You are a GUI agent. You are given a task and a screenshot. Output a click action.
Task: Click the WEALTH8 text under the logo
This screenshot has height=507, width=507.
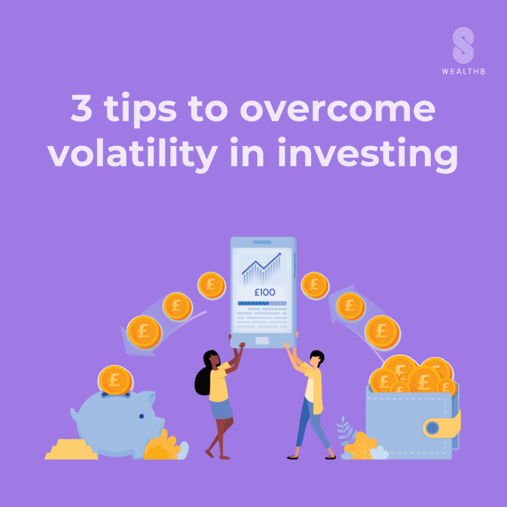pyautogui.click(x=463, y=71)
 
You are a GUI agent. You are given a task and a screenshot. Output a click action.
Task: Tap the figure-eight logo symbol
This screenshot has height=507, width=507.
pyautogui.click(x=463, y=45)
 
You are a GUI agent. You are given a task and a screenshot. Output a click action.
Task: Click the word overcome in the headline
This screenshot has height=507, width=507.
pyautogui.click(x=337, y=109)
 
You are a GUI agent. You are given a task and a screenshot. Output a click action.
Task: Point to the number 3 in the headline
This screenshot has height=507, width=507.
pyautogui.click(x=82, y=108)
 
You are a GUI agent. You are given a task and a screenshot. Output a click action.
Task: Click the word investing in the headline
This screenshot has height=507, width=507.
pyautogui.click(x=368, y=153)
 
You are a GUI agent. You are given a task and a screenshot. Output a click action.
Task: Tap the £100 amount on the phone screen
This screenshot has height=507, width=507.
pyautogui.click(x=264, y=292)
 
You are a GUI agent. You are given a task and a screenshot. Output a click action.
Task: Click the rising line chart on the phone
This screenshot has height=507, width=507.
pyautogui.click(x=262, y=268)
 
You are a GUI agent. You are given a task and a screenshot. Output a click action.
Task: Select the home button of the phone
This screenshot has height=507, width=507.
pyautogui.click(x=262, y=341)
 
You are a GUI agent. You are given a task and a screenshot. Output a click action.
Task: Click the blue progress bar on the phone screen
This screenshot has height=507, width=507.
pyautogui.click(x=262, y=304)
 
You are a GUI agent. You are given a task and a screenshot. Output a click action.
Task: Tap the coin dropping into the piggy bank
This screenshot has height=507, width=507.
pyautogui.click(x=115, y=380)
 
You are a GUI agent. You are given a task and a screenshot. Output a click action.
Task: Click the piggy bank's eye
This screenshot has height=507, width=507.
pyautogui.click(x=141, y=416)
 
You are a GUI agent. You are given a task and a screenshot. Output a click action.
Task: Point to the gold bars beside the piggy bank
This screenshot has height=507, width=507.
pyautogui.click(x=71, y=449)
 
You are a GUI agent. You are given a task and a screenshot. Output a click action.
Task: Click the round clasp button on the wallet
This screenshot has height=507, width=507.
pyautogui.click(x=432, y=428)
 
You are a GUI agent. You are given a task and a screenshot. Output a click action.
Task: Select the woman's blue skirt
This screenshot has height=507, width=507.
pyautogui.click(x=221, y=408)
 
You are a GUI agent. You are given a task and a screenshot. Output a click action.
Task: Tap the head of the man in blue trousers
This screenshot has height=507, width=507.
pyautogui.click(x=316, y=358)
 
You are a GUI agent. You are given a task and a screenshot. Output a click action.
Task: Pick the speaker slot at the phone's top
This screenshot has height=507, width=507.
pyautogui.click(x=262, y=242)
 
